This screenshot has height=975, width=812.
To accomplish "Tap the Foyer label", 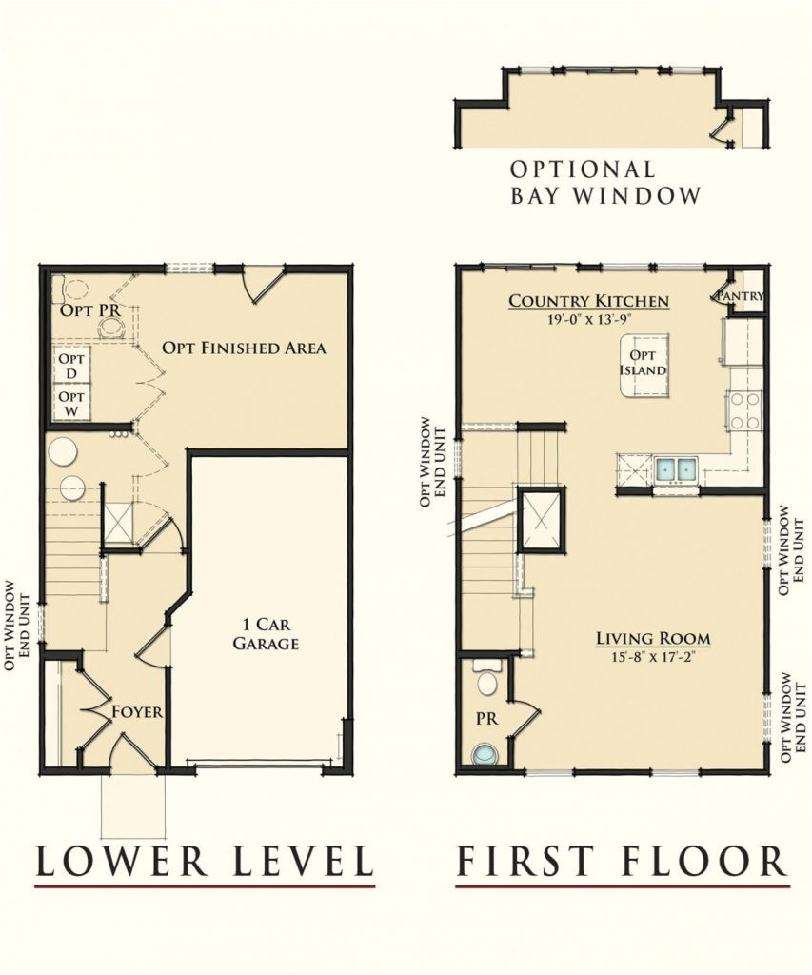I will tap(137, 711).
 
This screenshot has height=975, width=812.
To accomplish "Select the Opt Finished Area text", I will tap(244, 348).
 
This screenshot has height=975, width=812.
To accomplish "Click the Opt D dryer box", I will tap(71, 367).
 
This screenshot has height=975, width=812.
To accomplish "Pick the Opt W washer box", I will tap(71, 403).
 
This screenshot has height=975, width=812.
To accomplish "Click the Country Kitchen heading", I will tap(588, 301).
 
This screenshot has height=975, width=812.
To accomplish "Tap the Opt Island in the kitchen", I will tap(644, 364).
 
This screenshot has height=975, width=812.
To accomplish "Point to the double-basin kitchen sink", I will tap(676, 468).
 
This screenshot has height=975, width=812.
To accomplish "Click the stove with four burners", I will tap(745, 410).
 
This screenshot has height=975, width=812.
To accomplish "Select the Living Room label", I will tap(653, 638).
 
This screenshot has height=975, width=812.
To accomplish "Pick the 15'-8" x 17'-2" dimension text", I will tap(653, 657).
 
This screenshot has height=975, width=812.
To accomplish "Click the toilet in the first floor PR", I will tap(486, 678).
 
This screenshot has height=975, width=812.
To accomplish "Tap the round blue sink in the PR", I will tap(485, 754).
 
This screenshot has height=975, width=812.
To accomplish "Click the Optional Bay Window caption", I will tap(605, 183).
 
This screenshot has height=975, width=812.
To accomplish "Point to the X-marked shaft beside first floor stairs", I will tap(541, 521).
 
